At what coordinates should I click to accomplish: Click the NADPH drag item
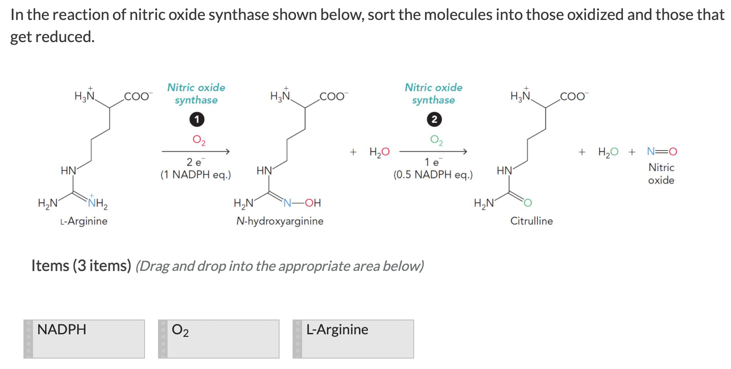84,339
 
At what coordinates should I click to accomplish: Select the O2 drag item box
219,339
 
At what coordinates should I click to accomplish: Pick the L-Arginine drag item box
353,339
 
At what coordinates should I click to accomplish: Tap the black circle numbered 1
197,119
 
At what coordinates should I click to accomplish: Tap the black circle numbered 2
434,119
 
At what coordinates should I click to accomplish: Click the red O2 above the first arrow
199,140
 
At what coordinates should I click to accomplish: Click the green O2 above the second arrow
436,140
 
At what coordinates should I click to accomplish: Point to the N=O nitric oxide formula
662,152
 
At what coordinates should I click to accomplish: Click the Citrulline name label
531,221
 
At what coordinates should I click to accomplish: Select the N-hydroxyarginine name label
280,221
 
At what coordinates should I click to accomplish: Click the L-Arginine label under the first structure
84,221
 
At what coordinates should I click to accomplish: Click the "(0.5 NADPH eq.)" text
433,175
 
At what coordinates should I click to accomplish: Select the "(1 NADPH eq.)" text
195,175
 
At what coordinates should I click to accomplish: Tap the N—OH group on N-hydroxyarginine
303,203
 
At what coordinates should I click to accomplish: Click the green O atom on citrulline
527,203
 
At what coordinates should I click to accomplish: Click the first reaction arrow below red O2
195,152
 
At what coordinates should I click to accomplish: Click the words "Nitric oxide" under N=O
661,174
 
